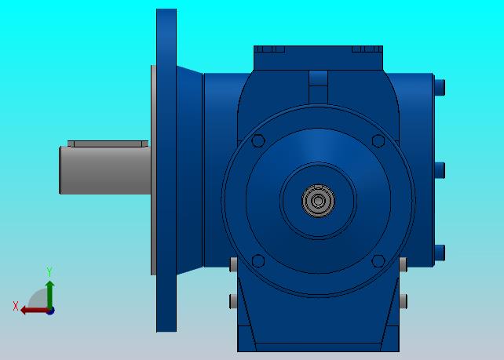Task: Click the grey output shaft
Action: point(105,170)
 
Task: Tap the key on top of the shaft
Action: point(108,144)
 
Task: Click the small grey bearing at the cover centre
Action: point(318,201)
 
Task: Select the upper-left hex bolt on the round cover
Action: point(258,140)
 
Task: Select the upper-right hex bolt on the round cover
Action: point(378,140)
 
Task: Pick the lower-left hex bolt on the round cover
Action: point(258,260)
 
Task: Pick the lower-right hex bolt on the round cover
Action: point(378,260)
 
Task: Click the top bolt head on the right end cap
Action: point(440,87)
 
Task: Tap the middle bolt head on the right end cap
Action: point(440,170)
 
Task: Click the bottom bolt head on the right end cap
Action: point(440,253)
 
